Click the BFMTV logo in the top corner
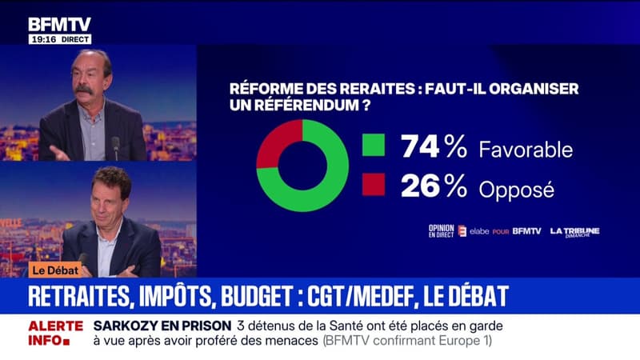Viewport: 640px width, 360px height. tap(60, 24)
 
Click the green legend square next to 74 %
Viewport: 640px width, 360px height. tap(373, 146)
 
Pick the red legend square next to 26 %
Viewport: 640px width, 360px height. tap(373, 185)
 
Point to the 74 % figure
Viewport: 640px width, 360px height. tap(434, 146)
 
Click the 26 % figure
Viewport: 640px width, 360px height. tap(434, 186)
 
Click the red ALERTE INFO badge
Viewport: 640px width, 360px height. tap(55, 333)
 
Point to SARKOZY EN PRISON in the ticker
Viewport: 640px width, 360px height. tap(162, 326)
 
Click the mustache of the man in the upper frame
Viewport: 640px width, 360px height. tap(85, 90)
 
